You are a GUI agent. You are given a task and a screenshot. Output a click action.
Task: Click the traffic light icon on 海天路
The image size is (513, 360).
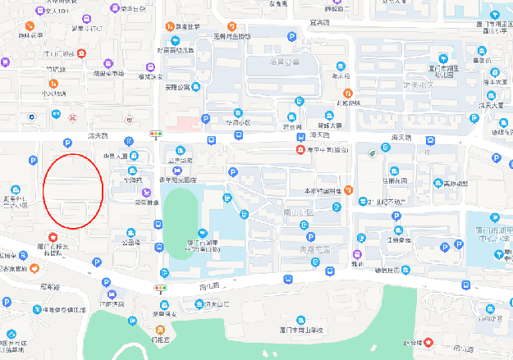(155, 132)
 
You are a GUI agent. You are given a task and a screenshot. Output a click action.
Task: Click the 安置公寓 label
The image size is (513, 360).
(176, 86)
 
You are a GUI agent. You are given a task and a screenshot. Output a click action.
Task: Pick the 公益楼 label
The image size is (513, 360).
(131, 243)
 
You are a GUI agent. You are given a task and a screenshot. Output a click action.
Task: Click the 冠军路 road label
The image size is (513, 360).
(51, 288)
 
